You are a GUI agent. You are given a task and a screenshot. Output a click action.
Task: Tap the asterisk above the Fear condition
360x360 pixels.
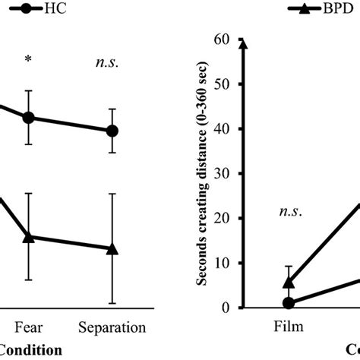29,59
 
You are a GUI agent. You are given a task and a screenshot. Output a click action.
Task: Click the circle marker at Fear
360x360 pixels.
29,118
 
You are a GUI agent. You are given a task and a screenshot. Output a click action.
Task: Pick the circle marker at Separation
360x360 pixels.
112,131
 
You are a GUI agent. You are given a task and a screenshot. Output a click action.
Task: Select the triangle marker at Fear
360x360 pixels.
29,237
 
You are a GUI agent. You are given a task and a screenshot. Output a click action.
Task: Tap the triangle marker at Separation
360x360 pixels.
112,248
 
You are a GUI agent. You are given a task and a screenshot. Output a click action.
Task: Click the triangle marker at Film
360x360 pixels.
288,283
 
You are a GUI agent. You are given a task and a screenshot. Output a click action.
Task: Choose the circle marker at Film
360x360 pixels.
288,302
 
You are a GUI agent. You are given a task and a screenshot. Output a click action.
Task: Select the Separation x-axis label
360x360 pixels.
112,328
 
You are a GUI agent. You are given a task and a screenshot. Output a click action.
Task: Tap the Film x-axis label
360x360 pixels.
288,328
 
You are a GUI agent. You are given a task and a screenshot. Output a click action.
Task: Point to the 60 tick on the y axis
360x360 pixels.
222,39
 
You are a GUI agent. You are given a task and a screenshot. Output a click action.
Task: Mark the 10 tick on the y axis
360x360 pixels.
222,263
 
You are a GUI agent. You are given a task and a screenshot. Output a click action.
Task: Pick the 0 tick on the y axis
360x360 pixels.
225,307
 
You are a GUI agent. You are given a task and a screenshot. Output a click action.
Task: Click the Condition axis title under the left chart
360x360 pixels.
30,350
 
